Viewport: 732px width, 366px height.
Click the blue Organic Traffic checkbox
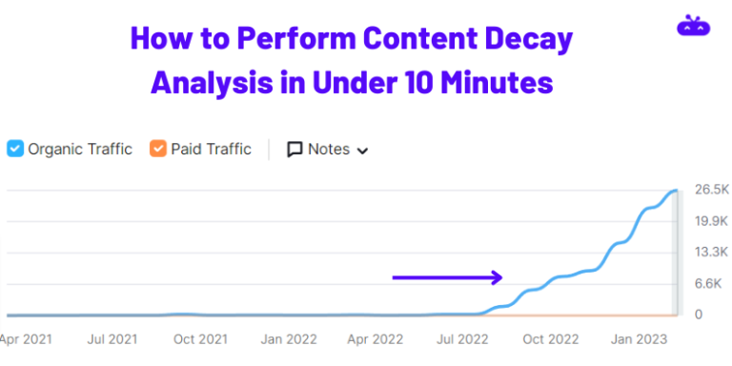point(15,149)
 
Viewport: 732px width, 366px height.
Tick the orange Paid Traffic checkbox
point(157,149)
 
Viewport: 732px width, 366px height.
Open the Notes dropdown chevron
point(362,150)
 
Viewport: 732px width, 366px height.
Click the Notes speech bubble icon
point(295,150)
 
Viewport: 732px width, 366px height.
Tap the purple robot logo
point(693,27)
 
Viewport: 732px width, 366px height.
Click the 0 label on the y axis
point(699,315)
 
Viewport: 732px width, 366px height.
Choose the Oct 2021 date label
point(201,339)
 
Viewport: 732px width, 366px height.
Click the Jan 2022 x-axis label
point(289,339)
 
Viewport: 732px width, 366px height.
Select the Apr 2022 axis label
point(376,339)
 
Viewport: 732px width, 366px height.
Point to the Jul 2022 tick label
point(462,339)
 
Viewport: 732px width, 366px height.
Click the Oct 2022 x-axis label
point(551,339)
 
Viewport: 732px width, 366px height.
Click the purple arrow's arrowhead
point(496,277)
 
